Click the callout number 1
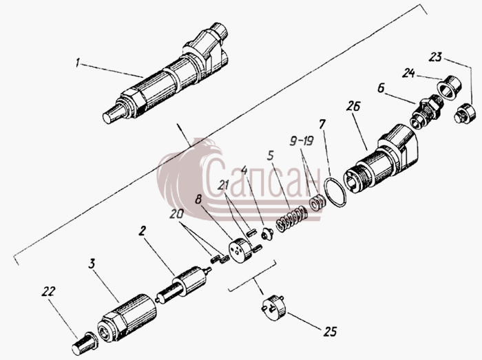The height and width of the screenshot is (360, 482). point(78,63)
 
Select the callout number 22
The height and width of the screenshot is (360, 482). point(48,291)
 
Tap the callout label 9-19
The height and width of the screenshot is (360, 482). point(302,141)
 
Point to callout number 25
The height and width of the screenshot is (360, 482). point(330,332)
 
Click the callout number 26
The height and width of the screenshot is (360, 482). point(353,106)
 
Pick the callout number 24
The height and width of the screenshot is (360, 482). point(408,74)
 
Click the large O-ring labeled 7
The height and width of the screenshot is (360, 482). point(335,192)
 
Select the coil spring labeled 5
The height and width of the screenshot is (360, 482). point(291,219)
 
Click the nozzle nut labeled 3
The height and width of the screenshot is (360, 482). point(127,318)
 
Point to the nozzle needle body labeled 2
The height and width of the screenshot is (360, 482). point(183,285)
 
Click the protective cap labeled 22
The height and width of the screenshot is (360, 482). point(85,344)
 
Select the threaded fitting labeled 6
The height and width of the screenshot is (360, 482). point(426,112)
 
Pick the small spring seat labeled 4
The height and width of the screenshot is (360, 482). point(267,234)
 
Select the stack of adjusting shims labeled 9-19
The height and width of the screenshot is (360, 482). point(317,203)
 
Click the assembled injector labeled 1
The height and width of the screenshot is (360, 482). point(165,74)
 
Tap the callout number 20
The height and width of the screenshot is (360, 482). point(177,214)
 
